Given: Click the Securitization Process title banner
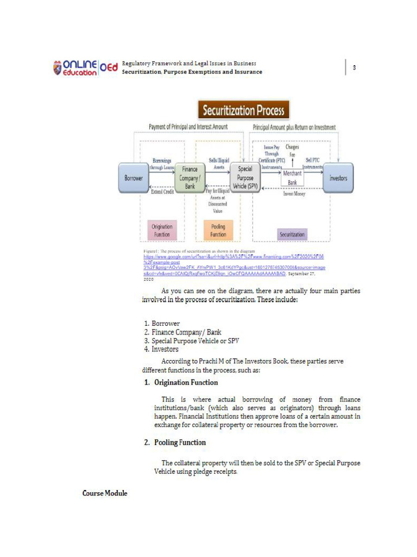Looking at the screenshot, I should click(243, 110).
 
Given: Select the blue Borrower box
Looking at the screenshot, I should click(134, 178).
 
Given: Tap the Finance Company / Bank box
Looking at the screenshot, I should click(190, 178).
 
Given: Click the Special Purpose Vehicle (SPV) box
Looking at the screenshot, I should click(245, 177).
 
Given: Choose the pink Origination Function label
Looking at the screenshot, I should click(162, 231).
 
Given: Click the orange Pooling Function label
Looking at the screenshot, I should click(218, 231).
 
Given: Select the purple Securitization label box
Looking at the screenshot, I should click(292, 234).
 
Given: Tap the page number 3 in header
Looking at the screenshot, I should click(354, 68).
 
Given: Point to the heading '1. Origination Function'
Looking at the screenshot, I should click(181, 382).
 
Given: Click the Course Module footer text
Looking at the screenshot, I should click(105, 493).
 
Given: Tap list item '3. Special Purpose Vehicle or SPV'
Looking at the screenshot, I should click(191, 341).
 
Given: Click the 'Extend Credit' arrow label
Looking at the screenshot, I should click(162, 192).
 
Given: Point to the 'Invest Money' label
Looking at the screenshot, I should click(295, 193).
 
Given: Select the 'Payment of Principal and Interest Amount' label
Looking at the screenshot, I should click(188, 127).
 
